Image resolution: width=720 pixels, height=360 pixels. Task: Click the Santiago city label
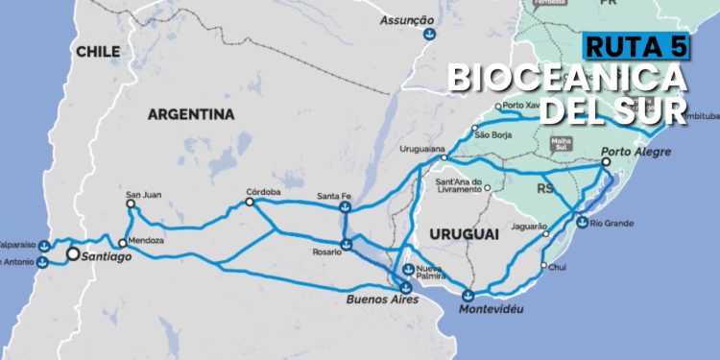[105, 256]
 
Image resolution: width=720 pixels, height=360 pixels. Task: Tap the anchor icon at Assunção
[428, 36]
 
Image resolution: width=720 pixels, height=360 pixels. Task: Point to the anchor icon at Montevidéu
[468, 296]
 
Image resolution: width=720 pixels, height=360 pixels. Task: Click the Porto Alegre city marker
[606, 163]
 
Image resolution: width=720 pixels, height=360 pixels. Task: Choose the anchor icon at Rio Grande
[582, 223]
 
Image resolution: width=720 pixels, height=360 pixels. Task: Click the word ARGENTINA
[191, 114]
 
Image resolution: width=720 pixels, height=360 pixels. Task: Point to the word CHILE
[98, 51]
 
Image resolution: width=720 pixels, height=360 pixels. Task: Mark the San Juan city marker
[131, 204]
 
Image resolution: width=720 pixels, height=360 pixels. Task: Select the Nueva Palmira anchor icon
[408, 270]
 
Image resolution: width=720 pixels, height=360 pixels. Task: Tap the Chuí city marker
[544, 266]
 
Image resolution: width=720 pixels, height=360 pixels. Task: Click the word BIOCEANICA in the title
[566, 78]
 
